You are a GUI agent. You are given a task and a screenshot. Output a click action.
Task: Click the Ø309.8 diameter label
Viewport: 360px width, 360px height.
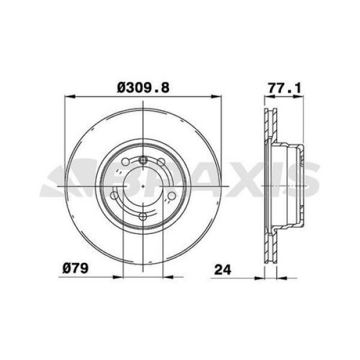143,88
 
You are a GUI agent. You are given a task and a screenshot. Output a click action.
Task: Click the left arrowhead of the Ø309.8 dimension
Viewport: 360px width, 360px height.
67,95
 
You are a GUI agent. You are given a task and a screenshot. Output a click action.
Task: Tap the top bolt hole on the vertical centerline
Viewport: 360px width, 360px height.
143,160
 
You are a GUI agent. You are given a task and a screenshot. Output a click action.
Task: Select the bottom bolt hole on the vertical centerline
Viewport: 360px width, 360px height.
143,217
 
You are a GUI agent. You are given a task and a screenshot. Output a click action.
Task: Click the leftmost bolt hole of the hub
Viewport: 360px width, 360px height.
115,195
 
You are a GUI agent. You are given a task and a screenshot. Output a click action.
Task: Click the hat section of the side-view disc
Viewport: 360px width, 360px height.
290,186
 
